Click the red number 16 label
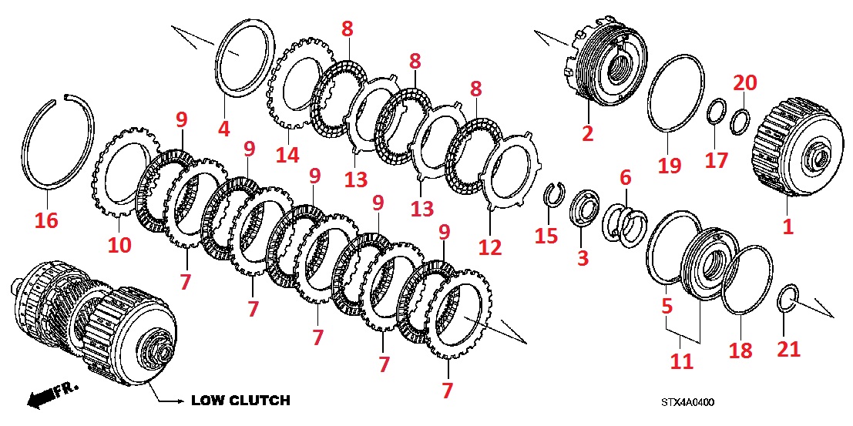pyautogui.click(x=45, y=221)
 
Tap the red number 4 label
pyautogui.click(x=223, y=129)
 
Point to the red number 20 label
pyautogui.click(x=745, y=82)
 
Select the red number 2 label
pyautogui.click(x=587, y=133)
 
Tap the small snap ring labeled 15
pyautogui.click(x=552, y=196)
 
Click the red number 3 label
pyautogui.click(x=583, y=257)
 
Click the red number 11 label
pyautogui.click(x=681, y=361)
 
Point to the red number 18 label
pyautogui.click(x=740, y=351)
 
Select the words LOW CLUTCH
pyautogui.click(x=240, y=401)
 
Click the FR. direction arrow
pyautogui.click(x=47, y=396)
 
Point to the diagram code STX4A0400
pyautogui.click(x=687, y=401)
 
